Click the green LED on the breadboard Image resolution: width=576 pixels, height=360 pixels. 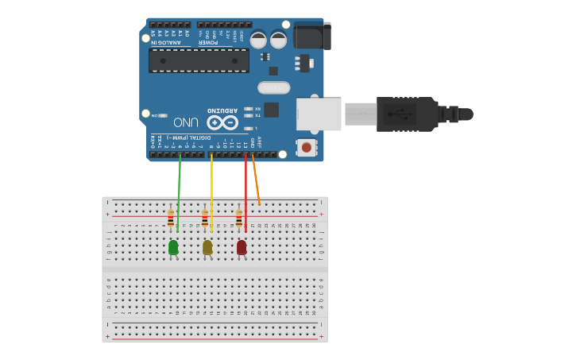[x=173, y=247]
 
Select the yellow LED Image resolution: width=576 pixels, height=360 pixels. [x=207, y=247]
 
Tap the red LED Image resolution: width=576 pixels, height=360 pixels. [x=242, y=247]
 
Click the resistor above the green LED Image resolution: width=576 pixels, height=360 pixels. [x=171, y=217]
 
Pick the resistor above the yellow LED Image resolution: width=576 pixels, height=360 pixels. [x=205, y=217]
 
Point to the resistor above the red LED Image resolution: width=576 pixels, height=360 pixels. [x=239, y=217]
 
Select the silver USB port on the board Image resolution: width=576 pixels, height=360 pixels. [x=319, y=114]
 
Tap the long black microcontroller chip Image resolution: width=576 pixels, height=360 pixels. [x=199, y=60]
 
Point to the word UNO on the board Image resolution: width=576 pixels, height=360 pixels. [x=185, y=122]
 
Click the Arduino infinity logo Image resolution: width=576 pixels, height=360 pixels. [x=222, y=122]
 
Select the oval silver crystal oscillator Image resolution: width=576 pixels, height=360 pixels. [x=273, y=87]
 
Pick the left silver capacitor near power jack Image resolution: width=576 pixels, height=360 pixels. [x=258, y=39]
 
